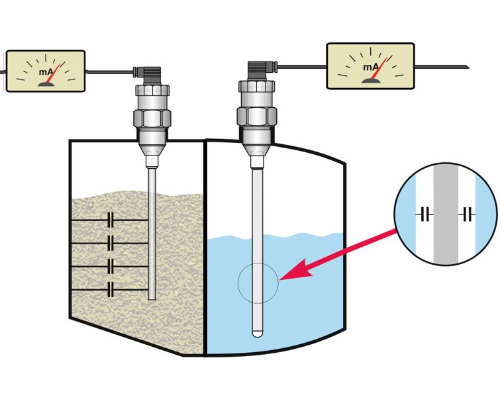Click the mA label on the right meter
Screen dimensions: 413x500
[x=370, y=68]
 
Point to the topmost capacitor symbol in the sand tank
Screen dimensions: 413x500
[x=111, y=219]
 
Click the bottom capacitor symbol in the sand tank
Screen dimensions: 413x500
[x=111, y=290]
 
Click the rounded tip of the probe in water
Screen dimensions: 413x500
[x=258, y=332]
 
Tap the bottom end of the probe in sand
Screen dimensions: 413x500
[x=152, y=297]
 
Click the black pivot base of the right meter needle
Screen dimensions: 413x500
[x=370, y=79]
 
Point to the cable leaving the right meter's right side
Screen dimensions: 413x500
[x=444, y=66]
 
